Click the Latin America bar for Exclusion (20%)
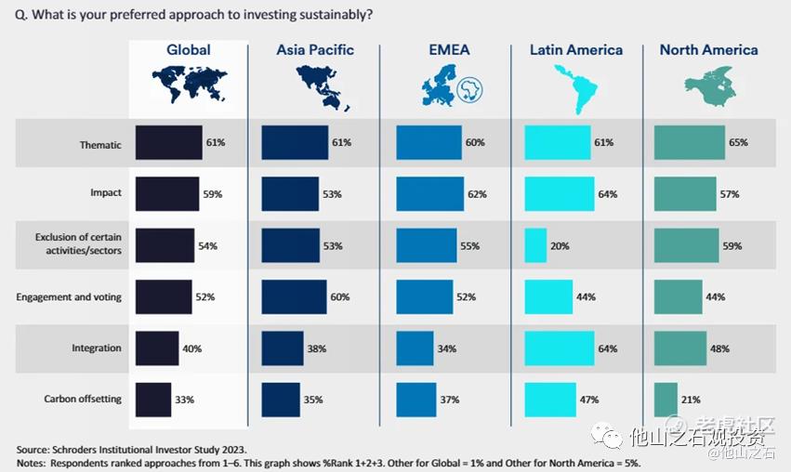tap(535, 245)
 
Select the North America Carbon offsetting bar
tap(666, 399)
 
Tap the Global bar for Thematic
tap(169, 143)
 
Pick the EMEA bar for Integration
tap(415, 347)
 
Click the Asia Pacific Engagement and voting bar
tap(294, 296)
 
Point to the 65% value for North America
tap(738, 143)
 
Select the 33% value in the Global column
tap(184, 400)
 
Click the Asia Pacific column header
tap(315, 50)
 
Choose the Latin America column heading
tap(576, 50)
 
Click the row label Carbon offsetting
tap(83, 399)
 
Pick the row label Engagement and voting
tap(69, 296)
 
